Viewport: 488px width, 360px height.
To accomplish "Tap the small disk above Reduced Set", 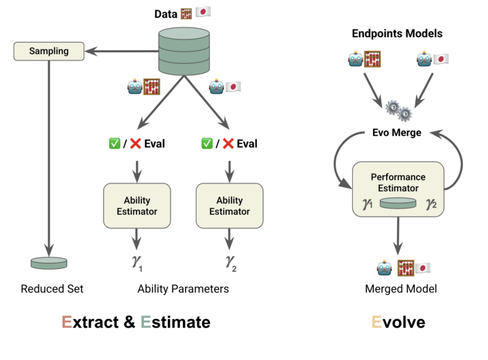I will (50, 262).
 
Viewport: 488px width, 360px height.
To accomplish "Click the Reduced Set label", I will (52, 289).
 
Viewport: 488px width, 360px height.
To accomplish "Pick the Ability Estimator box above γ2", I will (229, 206).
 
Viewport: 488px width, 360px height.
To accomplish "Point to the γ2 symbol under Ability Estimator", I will (230, 263).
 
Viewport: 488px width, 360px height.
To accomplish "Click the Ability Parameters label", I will (183, 289).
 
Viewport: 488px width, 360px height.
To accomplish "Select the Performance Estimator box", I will (398, 190).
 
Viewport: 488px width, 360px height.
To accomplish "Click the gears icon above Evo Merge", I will (397, 109).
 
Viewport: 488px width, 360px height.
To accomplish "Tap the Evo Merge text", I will (397, 132).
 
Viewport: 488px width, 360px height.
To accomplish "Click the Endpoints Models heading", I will (397, 33).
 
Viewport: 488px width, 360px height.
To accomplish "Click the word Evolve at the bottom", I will (398, 321).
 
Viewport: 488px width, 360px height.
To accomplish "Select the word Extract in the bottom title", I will (90, 321).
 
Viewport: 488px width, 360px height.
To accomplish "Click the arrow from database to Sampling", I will (122, 50).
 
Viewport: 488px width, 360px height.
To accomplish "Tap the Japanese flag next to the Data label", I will (203, 13).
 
